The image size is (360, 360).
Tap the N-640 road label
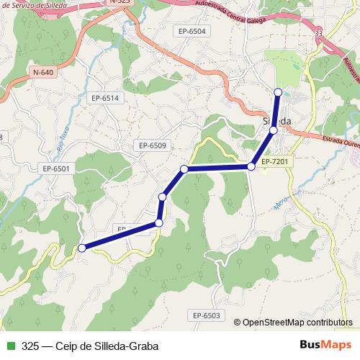44,72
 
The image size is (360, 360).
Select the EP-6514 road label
104,97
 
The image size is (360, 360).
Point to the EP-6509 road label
153,145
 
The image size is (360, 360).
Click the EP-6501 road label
55,168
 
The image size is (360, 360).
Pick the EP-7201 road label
275,161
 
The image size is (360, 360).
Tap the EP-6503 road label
206,315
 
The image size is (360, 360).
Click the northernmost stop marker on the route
279,91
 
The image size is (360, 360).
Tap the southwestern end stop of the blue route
82,248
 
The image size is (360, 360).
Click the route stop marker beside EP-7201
251,166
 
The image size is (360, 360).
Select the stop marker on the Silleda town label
274,130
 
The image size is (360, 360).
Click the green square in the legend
9,346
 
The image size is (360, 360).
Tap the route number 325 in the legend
30,346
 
